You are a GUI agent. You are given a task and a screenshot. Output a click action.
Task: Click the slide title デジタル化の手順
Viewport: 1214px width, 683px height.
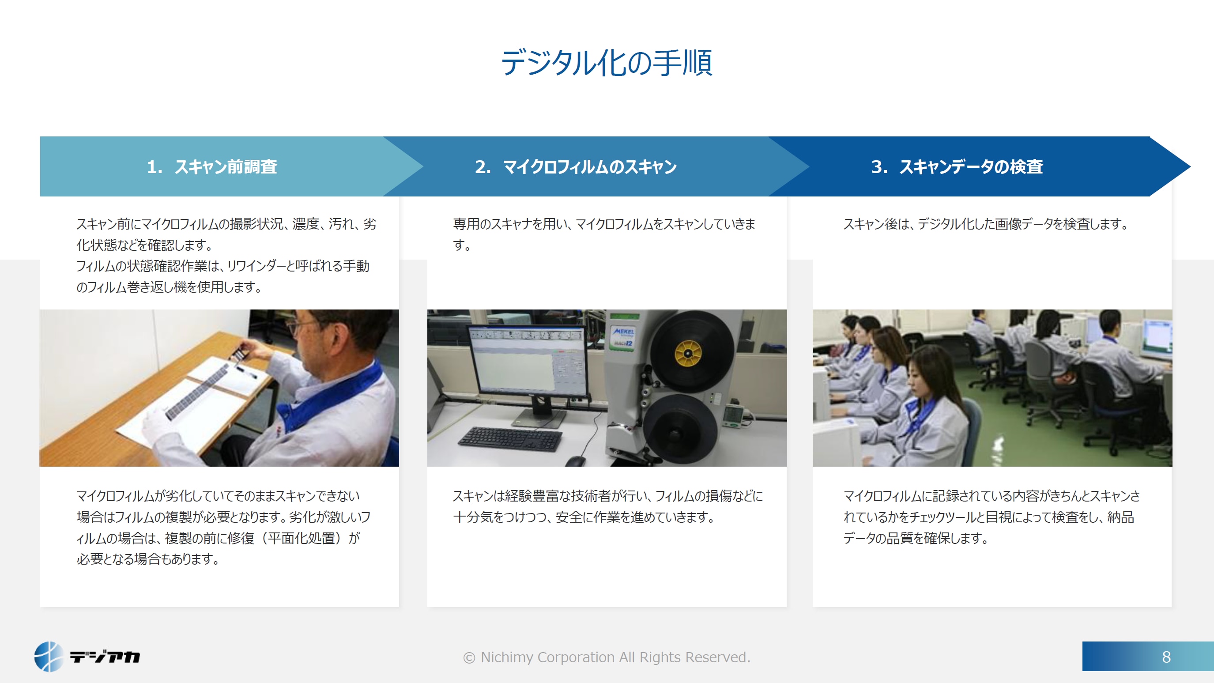(607, 63)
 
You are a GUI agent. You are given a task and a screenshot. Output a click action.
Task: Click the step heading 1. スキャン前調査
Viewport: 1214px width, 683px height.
(212, 167)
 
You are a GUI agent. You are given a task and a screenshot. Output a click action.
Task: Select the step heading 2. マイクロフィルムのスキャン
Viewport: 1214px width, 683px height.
(576, 167)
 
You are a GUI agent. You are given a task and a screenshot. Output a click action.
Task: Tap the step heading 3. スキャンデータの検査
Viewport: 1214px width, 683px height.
(957, 167)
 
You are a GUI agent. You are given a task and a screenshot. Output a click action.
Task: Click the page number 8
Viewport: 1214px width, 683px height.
(1166, 657)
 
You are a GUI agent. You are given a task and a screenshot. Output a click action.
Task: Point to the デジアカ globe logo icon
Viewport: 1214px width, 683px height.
(49, 656)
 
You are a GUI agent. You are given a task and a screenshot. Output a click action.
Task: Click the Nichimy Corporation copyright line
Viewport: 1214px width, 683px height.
(607, 657)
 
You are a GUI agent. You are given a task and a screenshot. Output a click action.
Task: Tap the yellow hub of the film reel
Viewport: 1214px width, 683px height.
(688, 353)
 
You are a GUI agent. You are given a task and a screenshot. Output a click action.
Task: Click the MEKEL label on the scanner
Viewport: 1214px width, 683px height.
(623, 332)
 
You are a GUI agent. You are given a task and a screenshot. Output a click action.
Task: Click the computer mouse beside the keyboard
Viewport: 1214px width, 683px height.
(575, 461)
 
